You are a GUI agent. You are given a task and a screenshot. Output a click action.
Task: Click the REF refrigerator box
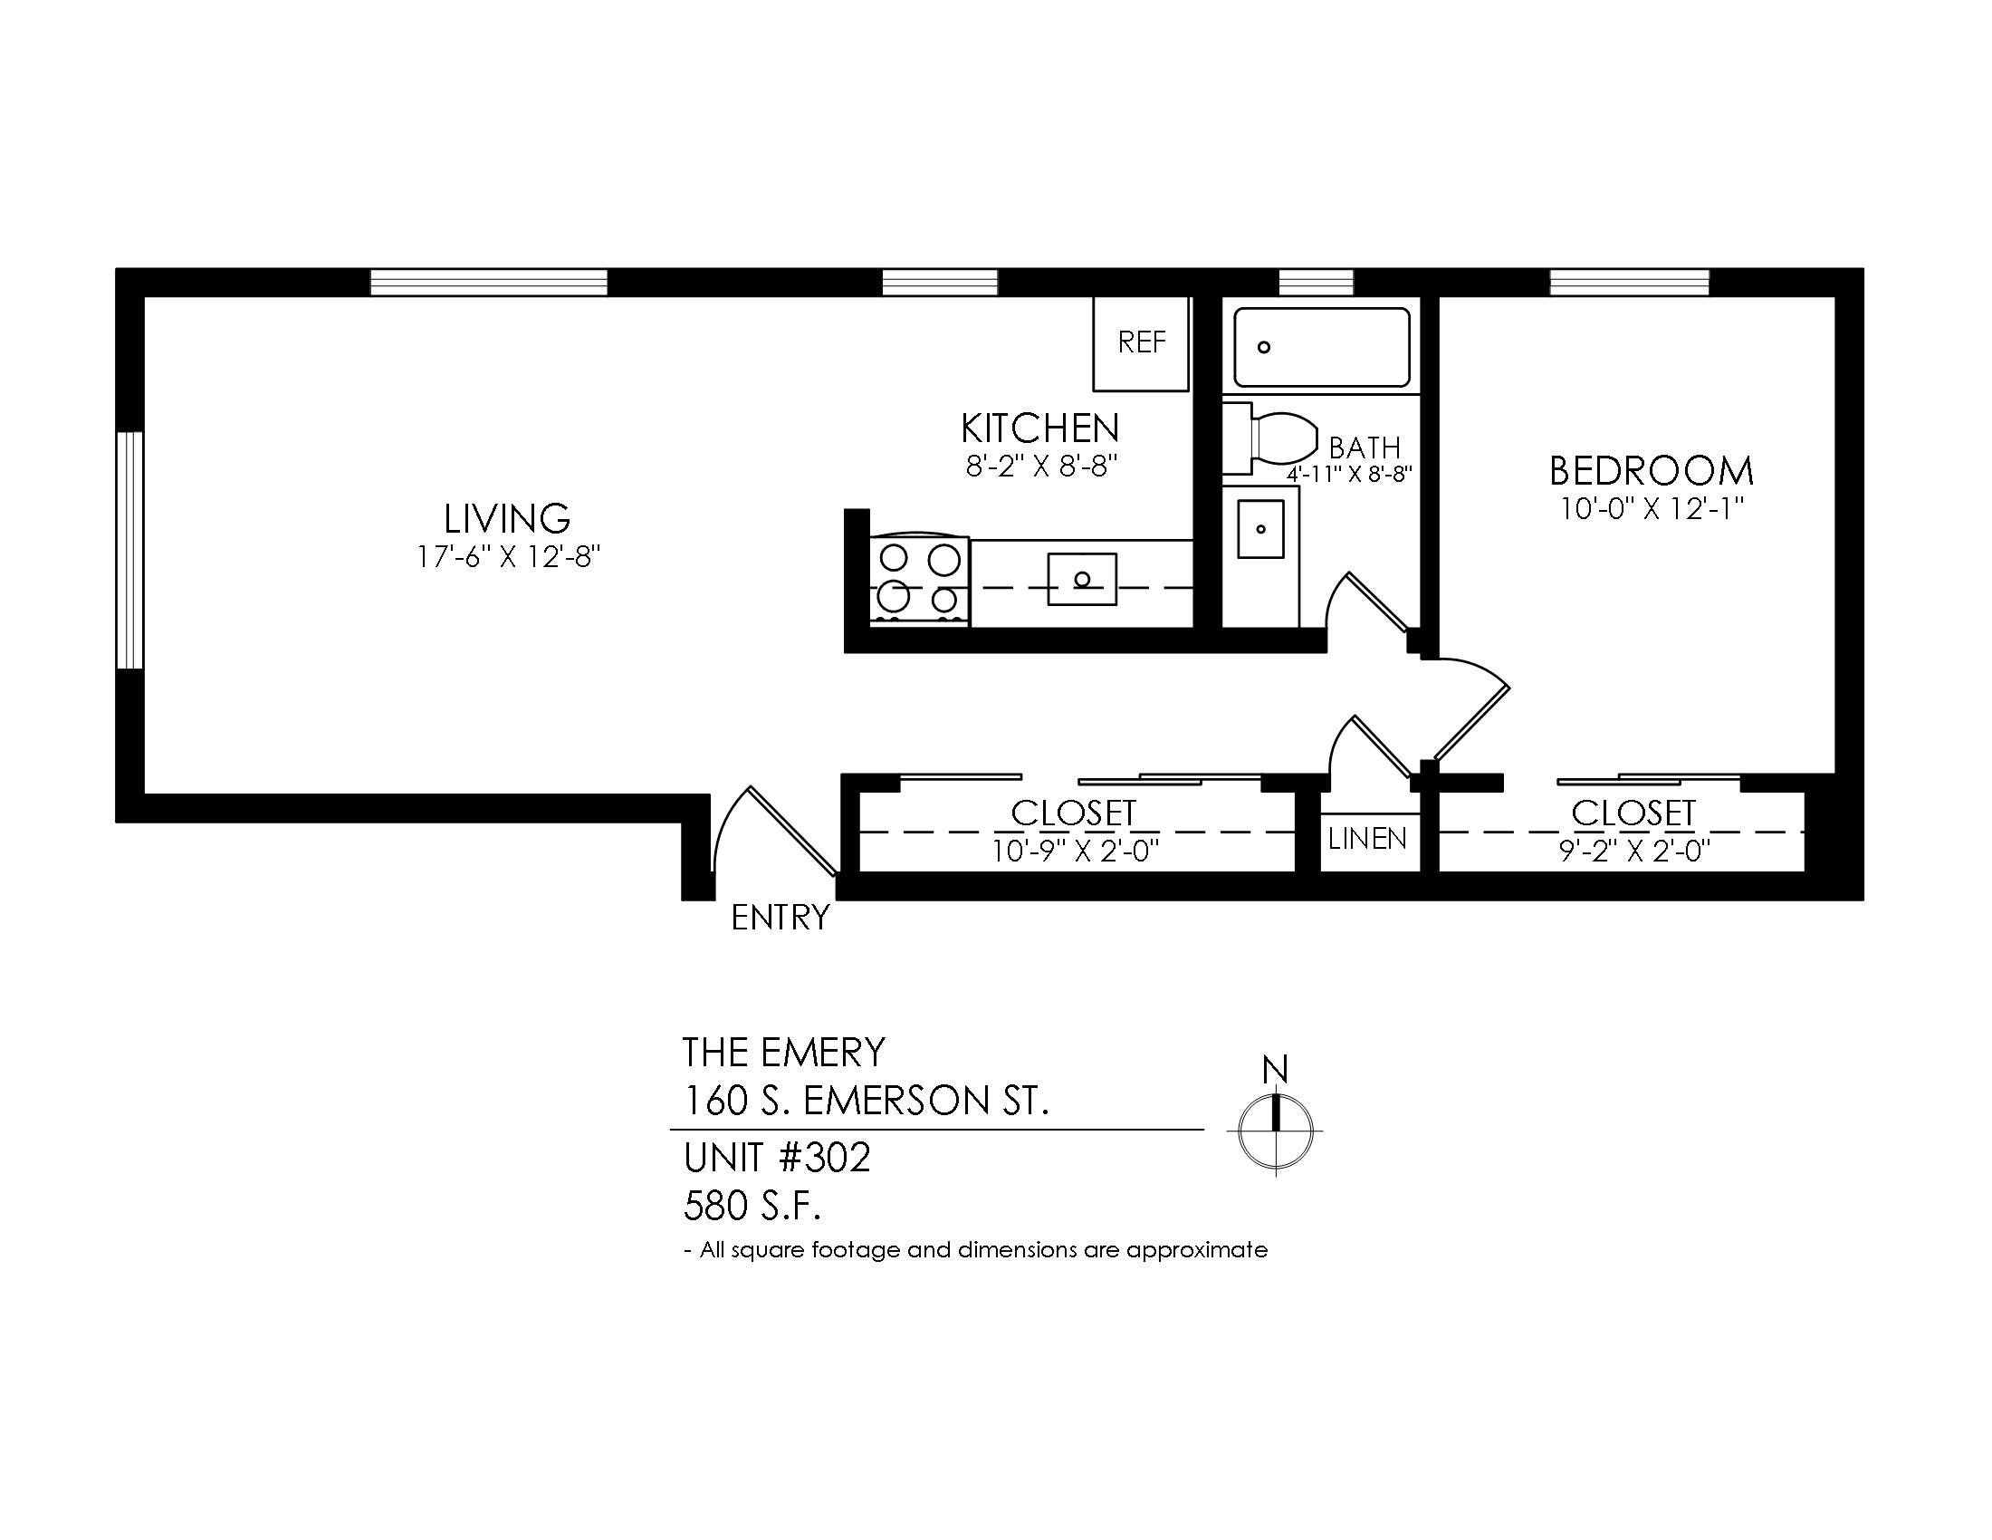pyautogui.click(x=1141, y=343)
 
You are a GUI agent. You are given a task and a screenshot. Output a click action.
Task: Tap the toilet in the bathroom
pyautogui.click(x=1270, y=438)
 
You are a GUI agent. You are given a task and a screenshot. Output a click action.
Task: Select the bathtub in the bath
pyautogui.click(x=1322, y=347)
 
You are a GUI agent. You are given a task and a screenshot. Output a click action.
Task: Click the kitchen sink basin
pyautogui.click(x=1082, y=579)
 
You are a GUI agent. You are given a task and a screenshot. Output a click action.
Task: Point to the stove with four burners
pyautogui.click(x=919, y=581)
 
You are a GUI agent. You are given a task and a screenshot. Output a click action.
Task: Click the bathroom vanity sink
pyautogui.click(x=1260, y=528)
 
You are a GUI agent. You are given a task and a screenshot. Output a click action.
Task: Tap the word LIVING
pyautogui.click(x=507, y=519)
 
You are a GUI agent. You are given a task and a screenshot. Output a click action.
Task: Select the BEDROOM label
pyautogui.click(x=1651, y=471)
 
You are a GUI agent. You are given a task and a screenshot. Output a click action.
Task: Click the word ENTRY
pyautogui.click(x=781, y=918)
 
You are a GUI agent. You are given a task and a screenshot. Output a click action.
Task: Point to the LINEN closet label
pyautogui.click(x=1367, y=839)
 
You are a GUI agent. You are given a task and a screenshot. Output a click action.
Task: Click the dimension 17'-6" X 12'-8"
pyautogui.click(x=508, y=556)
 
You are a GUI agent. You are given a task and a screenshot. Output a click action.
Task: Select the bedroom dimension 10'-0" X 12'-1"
pyautogui.click(x=1652, y=509)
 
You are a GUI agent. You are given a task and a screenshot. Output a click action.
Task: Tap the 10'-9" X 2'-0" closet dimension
pyautogui.click(x=1076, y=852)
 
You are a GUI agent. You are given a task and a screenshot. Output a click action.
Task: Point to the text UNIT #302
pyautogui.click(x=777, y=1158)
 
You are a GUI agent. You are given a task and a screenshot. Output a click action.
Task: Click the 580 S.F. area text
pyautogui.click(x=752, y=1207)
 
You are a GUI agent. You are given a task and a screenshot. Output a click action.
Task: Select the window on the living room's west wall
pyautogui.click(x=129, y=550)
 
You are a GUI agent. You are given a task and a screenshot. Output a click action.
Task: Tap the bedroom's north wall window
pyautogui.click(x=1630, y=283)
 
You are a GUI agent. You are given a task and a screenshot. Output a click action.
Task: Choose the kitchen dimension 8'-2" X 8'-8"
pyautogui.click(x=1041, y=468)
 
